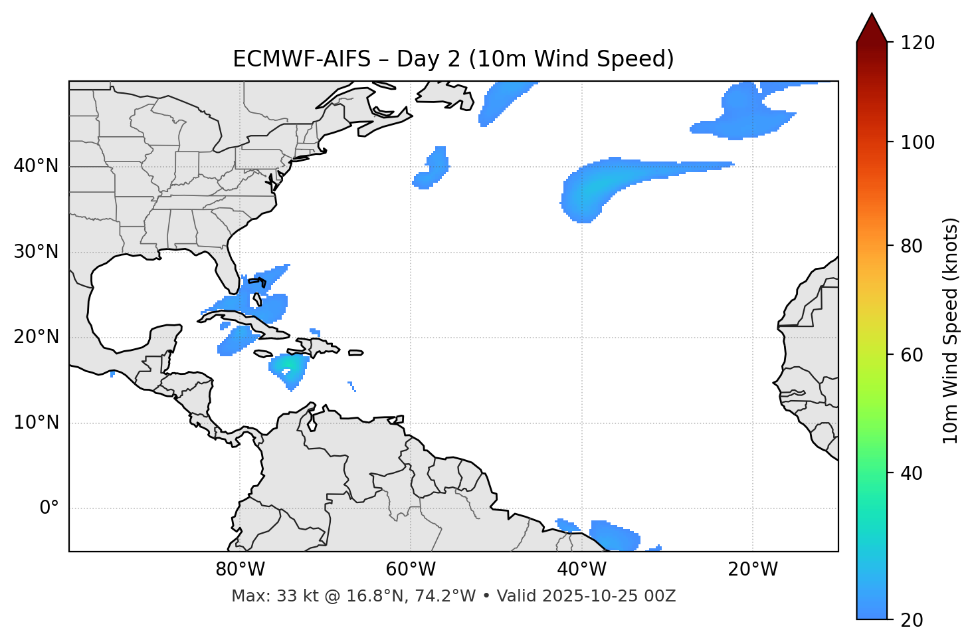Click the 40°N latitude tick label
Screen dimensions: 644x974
[36, 166]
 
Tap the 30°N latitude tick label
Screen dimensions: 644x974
[36, 252]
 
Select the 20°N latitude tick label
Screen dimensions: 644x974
[36, 337]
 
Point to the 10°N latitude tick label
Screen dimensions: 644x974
[36, 423]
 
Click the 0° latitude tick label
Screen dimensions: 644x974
[49, 508]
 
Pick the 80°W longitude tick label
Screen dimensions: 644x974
[240, 570]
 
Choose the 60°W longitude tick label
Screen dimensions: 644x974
[411, 570]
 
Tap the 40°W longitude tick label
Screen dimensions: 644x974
[582, 570]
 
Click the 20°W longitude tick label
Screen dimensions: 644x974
[753, 570]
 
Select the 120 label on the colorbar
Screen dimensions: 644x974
[919, 43]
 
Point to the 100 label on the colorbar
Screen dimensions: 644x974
[919, 142]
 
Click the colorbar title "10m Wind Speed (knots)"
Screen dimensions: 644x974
[951, 331]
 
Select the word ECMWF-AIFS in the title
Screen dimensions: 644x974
[301, 59]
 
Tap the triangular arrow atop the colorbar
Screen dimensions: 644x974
[872, 27]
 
